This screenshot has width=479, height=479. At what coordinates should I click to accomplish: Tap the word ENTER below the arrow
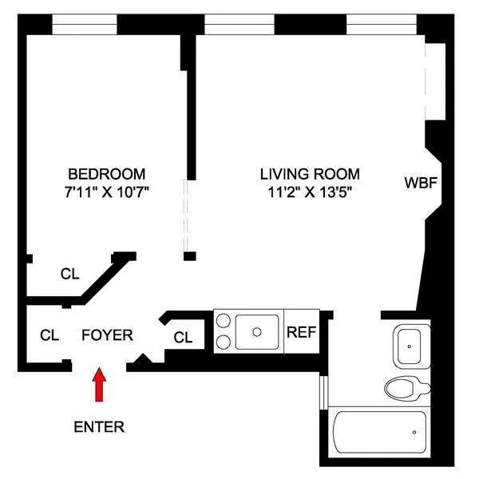(x=99, y=426)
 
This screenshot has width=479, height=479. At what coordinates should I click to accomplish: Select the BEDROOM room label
(x=106, y=174)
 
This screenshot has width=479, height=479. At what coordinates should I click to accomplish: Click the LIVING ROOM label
(x=309, y=174)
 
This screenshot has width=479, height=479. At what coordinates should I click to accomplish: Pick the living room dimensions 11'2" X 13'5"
(x=309, y=192)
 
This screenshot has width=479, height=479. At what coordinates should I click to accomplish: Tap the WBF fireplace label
(x=420, y=183)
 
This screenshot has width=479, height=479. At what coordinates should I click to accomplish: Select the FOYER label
(x=107, y=335)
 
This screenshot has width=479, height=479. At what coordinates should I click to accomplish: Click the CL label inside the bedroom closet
(x=70, y=274)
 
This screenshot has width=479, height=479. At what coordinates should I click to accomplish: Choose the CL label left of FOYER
(x=49, y=335)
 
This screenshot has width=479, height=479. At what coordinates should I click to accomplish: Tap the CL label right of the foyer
(x=183, y=337)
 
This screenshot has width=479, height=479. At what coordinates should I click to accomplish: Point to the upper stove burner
(x=224, y=322)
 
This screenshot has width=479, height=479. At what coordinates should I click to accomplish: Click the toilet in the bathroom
(x=408, y=389)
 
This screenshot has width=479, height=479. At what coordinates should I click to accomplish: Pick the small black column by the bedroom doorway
(x=190, y=256)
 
